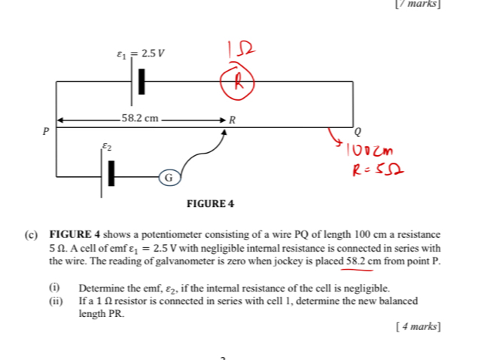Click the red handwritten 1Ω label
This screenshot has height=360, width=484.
[x=241, y=50]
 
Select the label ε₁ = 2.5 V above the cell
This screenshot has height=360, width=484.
[x=141, y=53]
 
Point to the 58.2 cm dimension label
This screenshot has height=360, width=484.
[x=140, y=118]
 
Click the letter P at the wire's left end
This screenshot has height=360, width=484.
[x=46, y=131]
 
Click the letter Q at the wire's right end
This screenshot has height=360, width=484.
[x=358, y=132]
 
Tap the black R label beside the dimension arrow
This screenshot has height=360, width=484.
[x=232, y=120]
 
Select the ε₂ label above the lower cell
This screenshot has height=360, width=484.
[x=107, y=146]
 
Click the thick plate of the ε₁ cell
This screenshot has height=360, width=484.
[x=142, y=81]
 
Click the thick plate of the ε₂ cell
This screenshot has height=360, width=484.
[x=111, y=173]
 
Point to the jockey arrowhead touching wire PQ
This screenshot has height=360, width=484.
[x=224, y=132]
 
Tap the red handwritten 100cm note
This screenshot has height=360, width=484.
[x=370, y=150]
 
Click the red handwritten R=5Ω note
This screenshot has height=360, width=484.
[x=378, y=169]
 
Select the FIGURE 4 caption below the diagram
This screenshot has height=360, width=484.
[x=210, y=204]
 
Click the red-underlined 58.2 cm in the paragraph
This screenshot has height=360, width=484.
[x=364, y=261]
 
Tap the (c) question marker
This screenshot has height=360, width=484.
[x=31, y=235]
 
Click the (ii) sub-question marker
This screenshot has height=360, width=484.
[x=56, y=301]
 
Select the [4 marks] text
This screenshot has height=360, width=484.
[x=419, y=326]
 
